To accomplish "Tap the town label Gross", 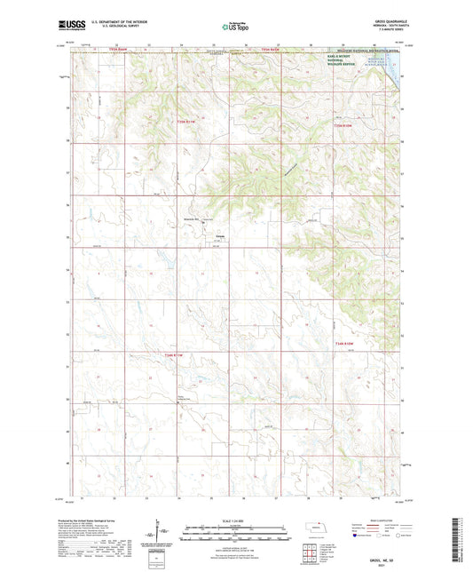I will point(220,235).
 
